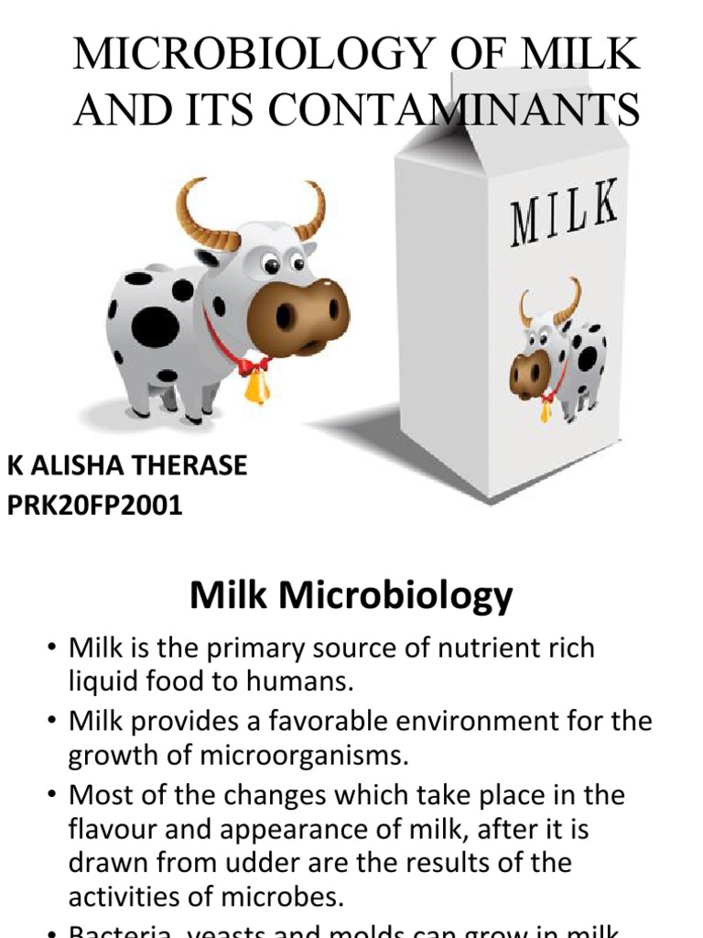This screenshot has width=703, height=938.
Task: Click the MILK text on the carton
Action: [563, 213]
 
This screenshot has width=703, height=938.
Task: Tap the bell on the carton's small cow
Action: [546, 409]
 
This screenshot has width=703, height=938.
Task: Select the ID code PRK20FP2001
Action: [95, 505]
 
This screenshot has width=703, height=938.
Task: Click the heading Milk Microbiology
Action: [351, 596]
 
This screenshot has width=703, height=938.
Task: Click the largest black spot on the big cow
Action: [155, 325]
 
